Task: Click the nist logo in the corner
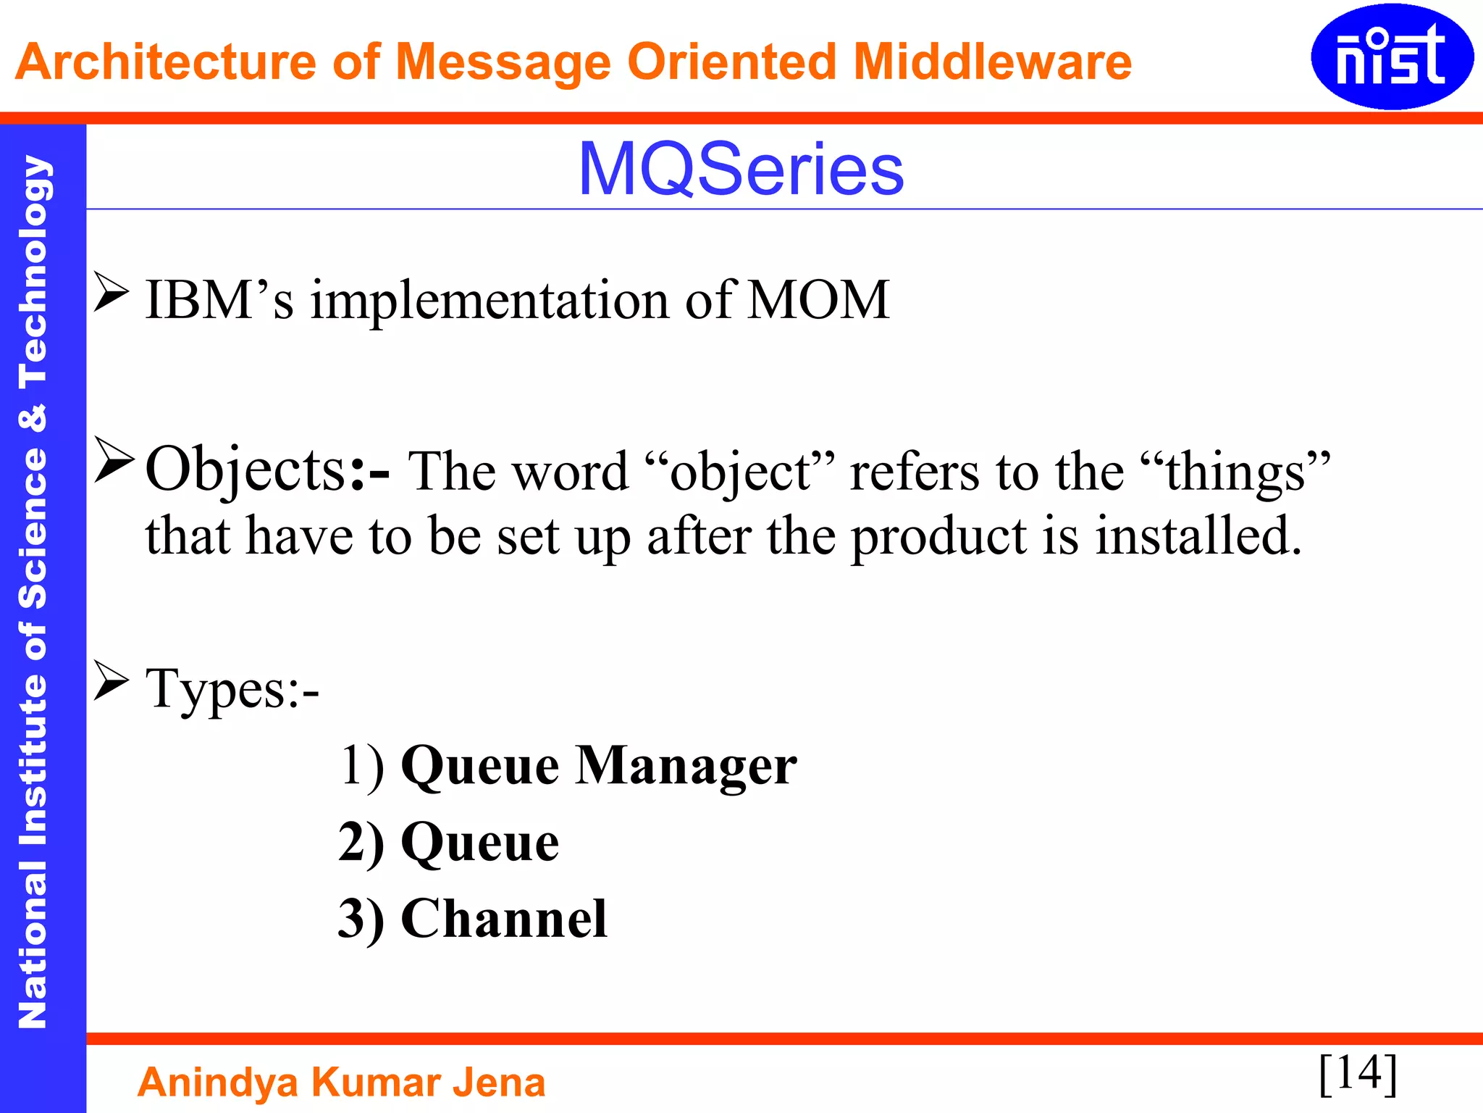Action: [x=1391, y=57]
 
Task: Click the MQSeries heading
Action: [x=741, y=170]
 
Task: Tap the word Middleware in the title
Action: [x=992, y=62]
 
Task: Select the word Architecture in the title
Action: [x=165, y=62]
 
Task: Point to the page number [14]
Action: [x=1358, y=1073]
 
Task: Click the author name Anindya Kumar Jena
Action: [x=341, y=1083]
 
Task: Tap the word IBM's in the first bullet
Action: [x=219, y=300]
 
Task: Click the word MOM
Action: [x=818, y=300]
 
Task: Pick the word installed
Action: [x=1198, y=536]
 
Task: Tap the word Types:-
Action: [x=232, y=688]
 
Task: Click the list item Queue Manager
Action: [x=599, y=766]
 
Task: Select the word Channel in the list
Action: [x=504, y=919]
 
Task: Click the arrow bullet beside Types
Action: [x=112, y=681]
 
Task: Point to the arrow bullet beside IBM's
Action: [x=112, y=293]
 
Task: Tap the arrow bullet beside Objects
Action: [x=114, y=461]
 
